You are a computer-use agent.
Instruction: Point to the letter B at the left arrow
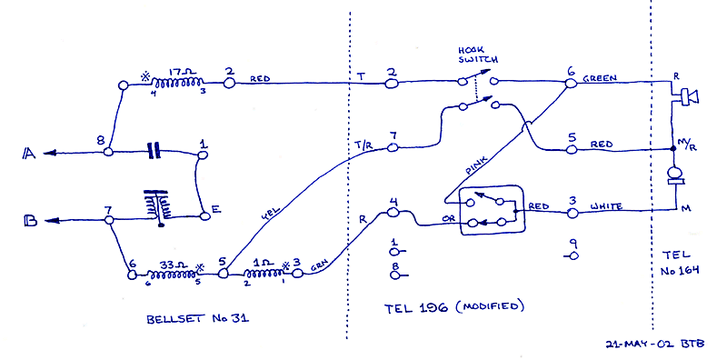tap(29, 220)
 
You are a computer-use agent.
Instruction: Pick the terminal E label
tap(215, 210)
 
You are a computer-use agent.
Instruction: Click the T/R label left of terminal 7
tap(363, 144)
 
